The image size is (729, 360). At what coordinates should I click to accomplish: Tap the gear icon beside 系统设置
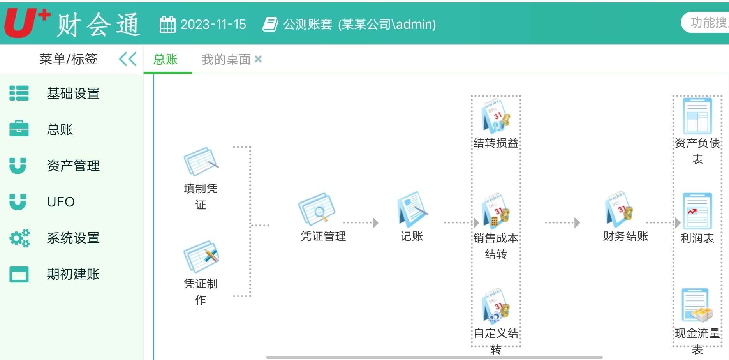click(19, 238)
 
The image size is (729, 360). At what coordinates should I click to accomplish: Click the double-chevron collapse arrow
click(127, 59)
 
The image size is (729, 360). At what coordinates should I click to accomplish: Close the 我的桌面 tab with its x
click(258, 59)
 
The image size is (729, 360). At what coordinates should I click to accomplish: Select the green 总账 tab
click(166, 59)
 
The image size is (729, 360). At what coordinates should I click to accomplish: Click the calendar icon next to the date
click(167, 24)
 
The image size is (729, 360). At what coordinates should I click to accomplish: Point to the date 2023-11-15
click(213, 25)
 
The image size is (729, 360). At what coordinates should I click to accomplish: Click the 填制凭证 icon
click(201, 162)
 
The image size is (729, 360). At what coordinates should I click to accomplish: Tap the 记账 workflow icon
click(412, 209)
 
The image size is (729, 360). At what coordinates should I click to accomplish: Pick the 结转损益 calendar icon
click(496, 116)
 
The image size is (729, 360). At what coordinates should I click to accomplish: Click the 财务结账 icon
click(619, 209)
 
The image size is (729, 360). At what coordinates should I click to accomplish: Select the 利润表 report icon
click(697, 211)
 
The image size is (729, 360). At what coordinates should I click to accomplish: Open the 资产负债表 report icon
click(697, 116)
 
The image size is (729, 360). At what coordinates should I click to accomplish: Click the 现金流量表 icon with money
click(697, 306)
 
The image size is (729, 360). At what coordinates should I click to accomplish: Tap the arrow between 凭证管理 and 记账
click(361, 223)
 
